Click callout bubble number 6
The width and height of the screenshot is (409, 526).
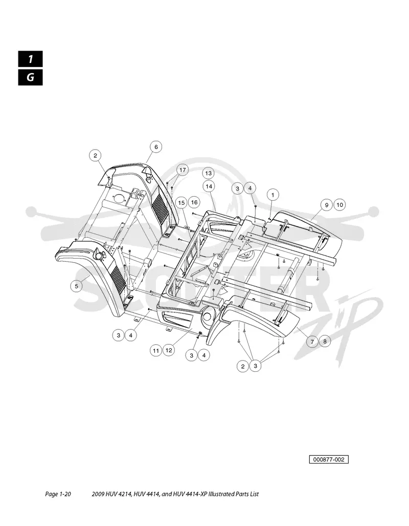156,147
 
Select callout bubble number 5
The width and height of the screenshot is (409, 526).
76,286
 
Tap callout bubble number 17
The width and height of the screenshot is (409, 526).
183,170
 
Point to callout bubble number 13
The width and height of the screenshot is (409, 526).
209,173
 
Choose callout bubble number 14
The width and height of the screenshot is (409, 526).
209,186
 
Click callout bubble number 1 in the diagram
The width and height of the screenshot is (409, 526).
272,195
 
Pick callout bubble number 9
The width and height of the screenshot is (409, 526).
327,205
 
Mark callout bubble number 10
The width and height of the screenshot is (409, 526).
339,205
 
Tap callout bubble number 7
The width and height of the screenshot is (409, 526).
312,342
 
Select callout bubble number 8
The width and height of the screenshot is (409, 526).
325,342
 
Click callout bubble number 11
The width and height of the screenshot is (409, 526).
156,350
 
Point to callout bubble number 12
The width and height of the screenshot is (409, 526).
169,350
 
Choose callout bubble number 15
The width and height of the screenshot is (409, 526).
181,203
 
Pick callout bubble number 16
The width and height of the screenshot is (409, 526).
194,202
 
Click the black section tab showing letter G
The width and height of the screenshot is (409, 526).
31,77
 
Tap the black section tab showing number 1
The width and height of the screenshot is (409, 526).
31,59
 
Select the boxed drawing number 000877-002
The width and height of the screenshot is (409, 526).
329,459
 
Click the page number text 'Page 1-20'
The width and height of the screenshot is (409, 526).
58,494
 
